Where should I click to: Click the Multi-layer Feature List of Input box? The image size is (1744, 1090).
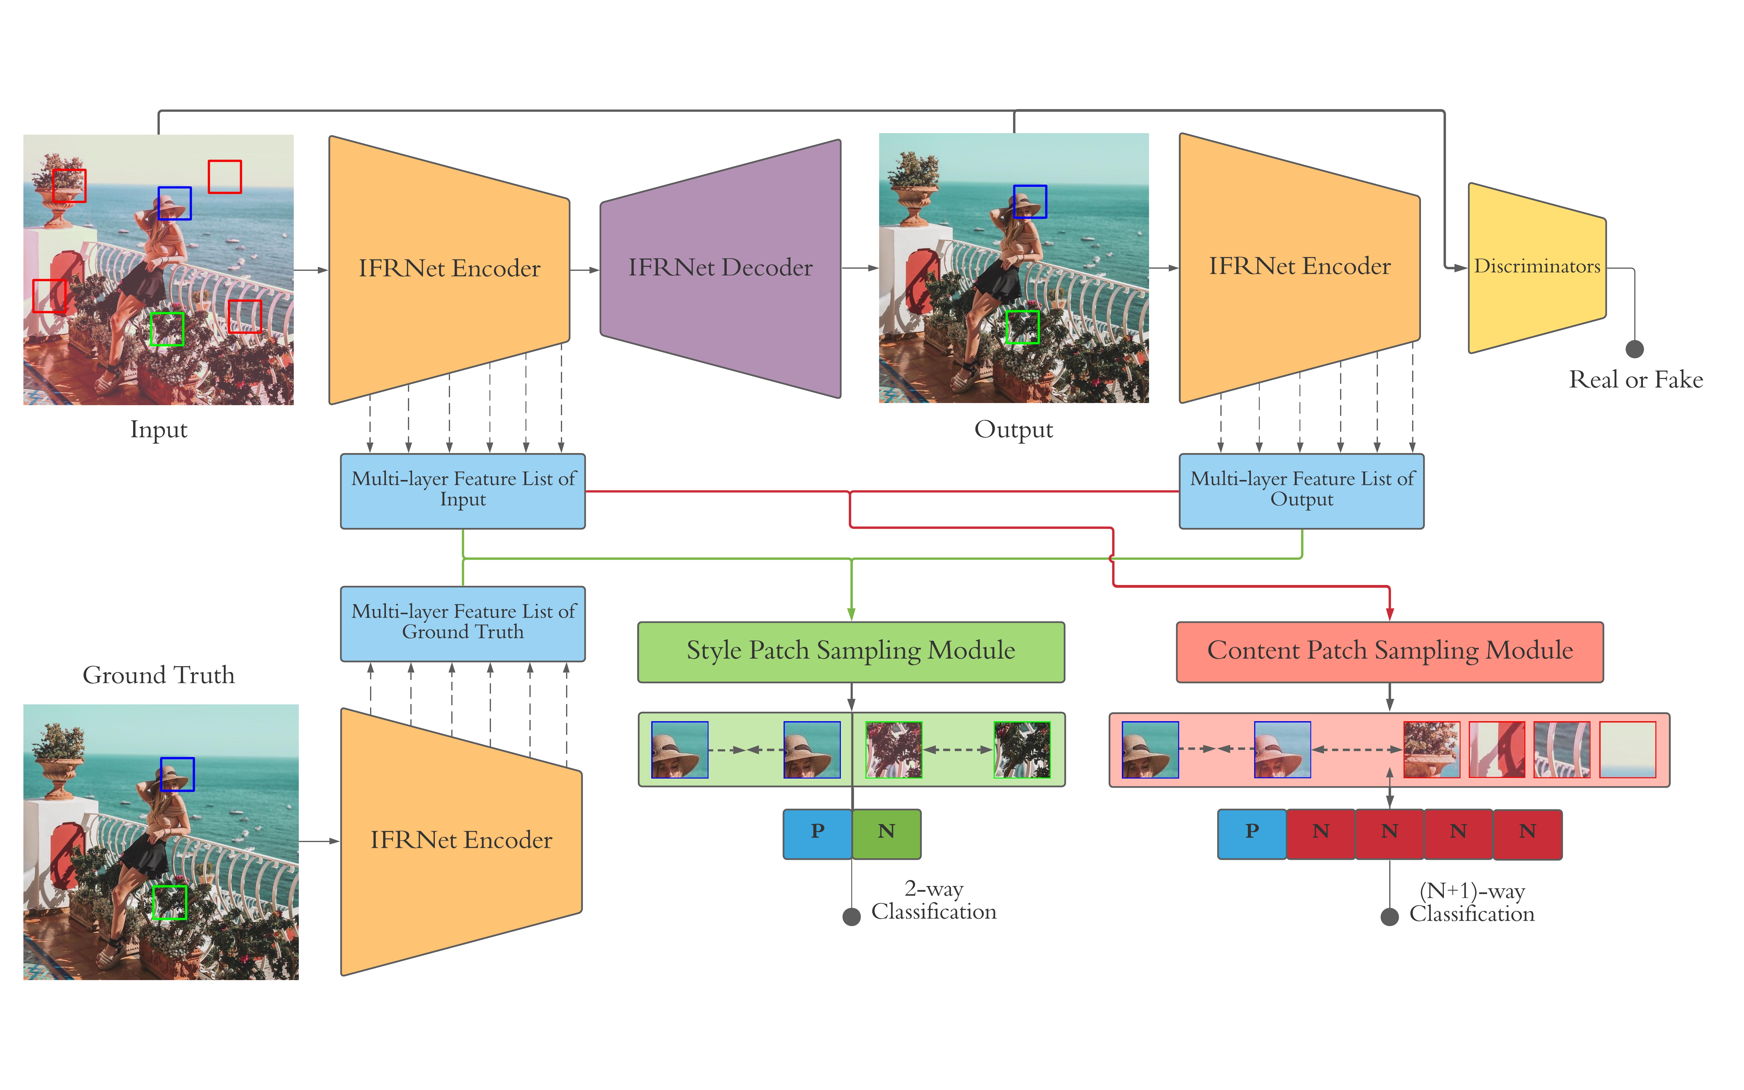[463, 490]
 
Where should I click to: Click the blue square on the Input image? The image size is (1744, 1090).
[174, 203]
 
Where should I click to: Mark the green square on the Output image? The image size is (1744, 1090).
[1022, 327]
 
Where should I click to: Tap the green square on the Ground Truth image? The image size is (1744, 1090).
[169, 903]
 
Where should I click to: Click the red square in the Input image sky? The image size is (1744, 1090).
[225, 176]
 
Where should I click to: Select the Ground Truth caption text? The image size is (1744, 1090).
[158, 675]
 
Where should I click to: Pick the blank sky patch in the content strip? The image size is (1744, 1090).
[1627, 750]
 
